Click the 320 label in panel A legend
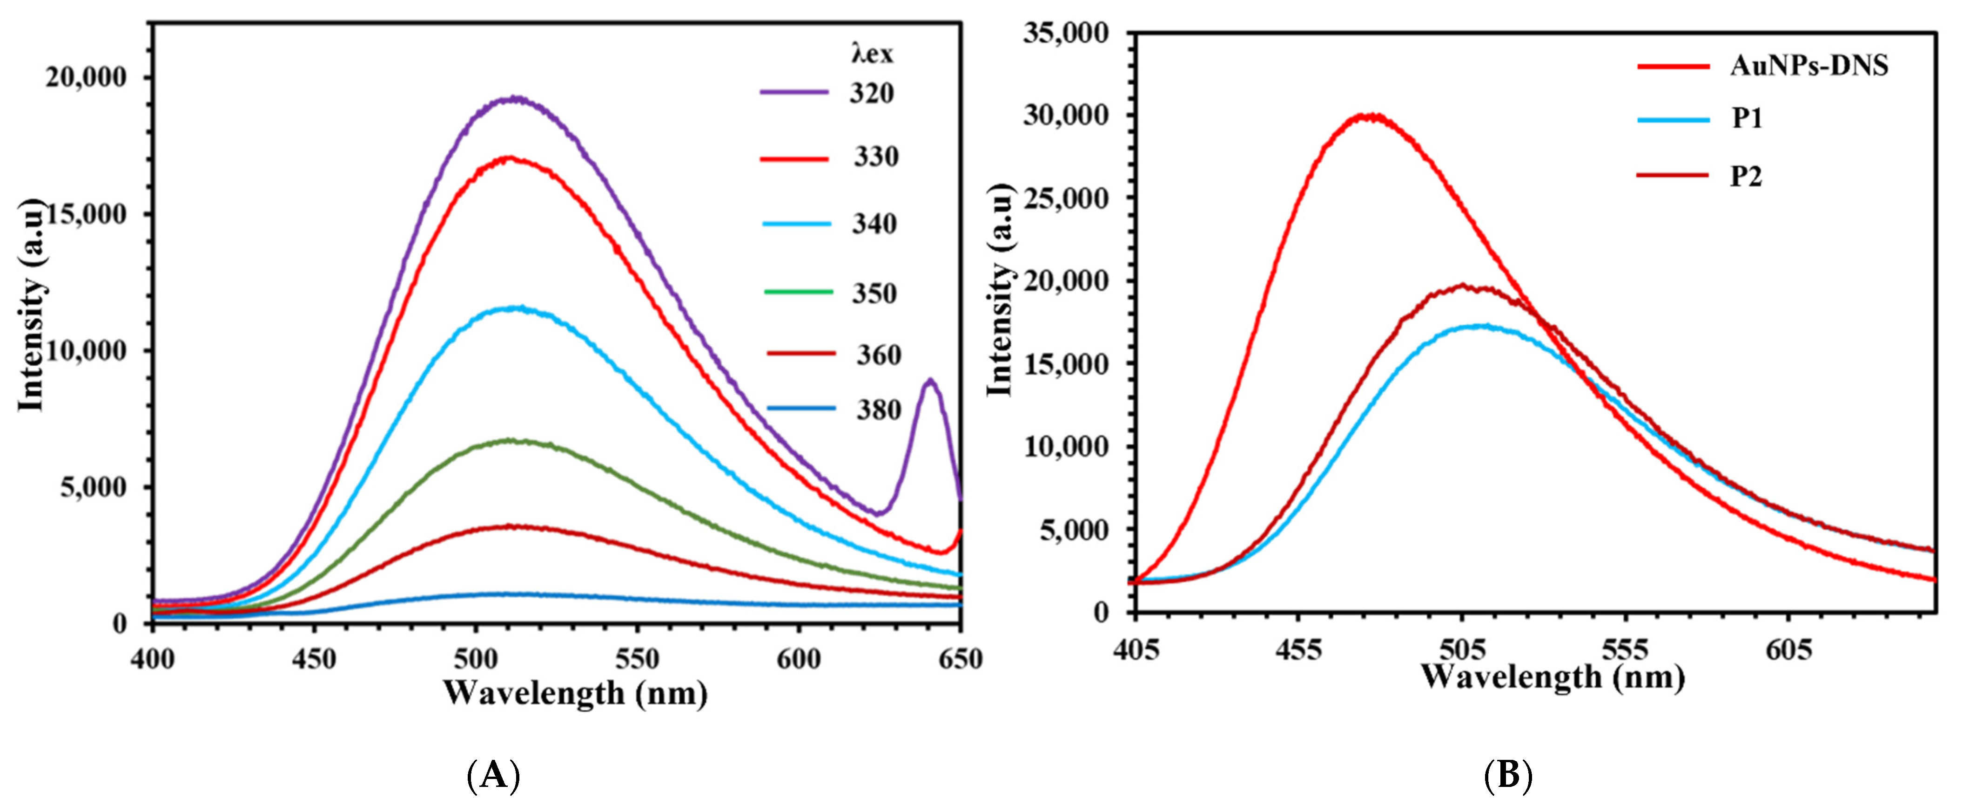point(872,93)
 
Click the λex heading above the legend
point(872,54)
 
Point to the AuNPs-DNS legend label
point(1809,66)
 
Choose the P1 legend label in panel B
point(1747,119)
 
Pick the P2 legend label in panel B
point(1746,177)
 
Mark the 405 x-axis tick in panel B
point(1136,649)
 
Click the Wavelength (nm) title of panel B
point(1552,677)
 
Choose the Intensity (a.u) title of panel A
point(32,305)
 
